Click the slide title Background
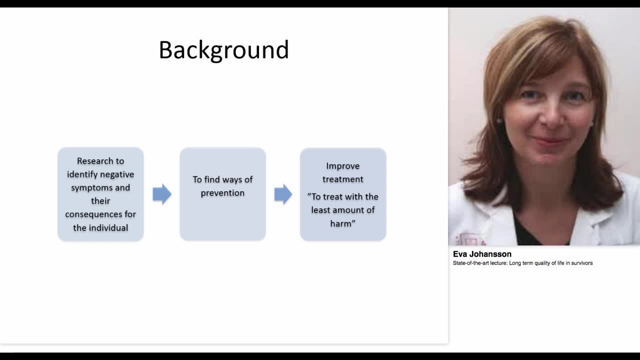223,50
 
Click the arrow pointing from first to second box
162,194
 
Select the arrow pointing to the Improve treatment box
283,194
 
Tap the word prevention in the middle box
222,193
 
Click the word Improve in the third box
343,166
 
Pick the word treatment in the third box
343,179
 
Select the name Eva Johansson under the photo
482,254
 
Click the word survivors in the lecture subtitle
580,263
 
